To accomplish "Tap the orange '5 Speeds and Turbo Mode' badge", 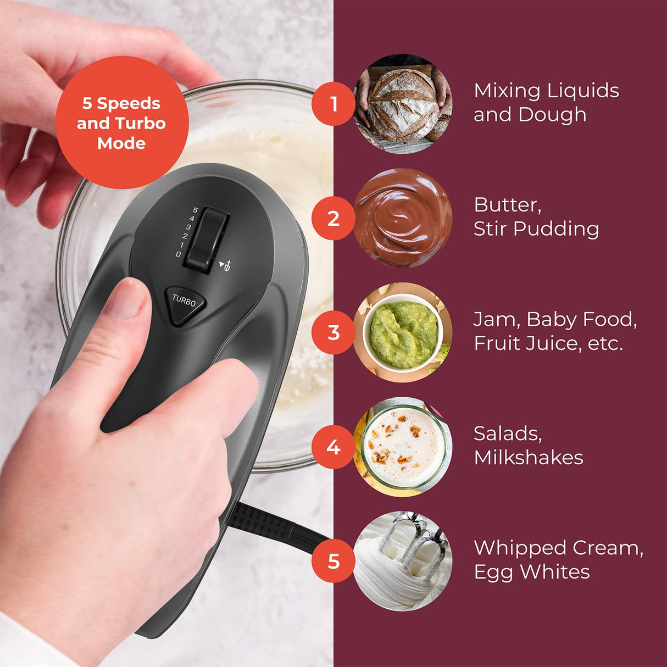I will coord(121,123).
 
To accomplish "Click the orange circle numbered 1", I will coord(333,104).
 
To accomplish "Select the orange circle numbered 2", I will coord(333,219).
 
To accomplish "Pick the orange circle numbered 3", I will coord(333,332).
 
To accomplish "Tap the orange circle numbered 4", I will coord(333,447).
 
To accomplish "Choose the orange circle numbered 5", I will coord(333,561).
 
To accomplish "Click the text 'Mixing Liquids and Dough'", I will coord(546,103).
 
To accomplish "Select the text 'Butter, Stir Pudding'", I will coord(536,216).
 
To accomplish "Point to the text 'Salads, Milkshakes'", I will coord(528,445).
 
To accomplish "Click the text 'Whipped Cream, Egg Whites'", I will coord(558,559).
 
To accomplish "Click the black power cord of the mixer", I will coord(275,527).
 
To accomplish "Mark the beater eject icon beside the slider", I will coord(226,266).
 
